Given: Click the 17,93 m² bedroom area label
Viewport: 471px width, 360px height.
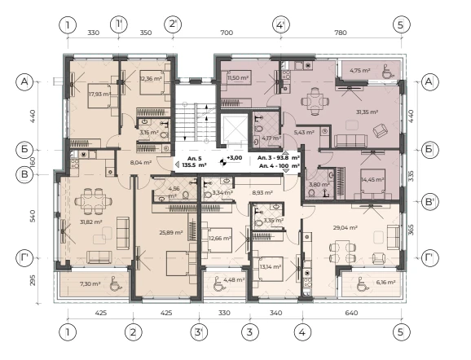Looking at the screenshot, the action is coord(99,94).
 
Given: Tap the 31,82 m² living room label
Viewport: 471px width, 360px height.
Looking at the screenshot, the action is coord(91,222).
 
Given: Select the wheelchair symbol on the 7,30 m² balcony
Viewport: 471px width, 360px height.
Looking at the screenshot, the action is coord(115,283).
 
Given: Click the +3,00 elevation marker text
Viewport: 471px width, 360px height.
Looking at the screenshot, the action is coord(235,158).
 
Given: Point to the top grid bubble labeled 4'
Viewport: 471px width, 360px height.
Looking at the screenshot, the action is coord(281,24).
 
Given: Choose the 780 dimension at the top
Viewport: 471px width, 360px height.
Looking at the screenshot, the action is coord(341,33).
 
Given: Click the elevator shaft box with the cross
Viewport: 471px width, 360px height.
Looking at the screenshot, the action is coord(233,130).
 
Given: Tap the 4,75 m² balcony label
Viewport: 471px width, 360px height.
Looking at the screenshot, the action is coord(360,71).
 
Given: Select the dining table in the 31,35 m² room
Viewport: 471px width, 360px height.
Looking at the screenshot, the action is coord(315,101).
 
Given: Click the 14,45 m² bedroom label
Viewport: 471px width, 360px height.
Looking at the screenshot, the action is coord(372,179).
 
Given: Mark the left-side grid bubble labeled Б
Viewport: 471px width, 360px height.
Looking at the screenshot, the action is coord(24,150).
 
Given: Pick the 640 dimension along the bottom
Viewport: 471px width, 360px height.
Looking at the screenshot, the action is coord(351,313).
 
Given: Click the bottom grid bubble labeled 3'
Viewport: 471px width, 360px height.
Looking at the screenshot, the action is coord(199,332).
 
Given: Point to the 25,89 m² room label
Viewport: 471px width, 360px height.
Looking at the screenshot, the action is coord(171,232).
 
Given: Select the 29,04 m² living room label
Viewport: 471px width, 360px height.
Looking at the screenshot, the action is coord(346,227).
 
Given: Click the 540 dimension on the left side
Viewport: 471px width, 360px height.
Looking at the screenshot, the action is coord(33,216).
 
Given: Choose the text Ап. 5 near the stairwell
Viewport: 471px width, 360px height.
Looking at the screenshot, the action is coord(194,158).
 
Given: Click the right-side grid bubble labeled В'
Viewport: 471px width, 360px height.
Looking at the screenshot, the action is coord(429,201).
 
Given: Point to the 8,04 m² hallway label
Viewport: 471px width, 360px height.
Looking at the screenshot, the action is coord(141,162).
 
